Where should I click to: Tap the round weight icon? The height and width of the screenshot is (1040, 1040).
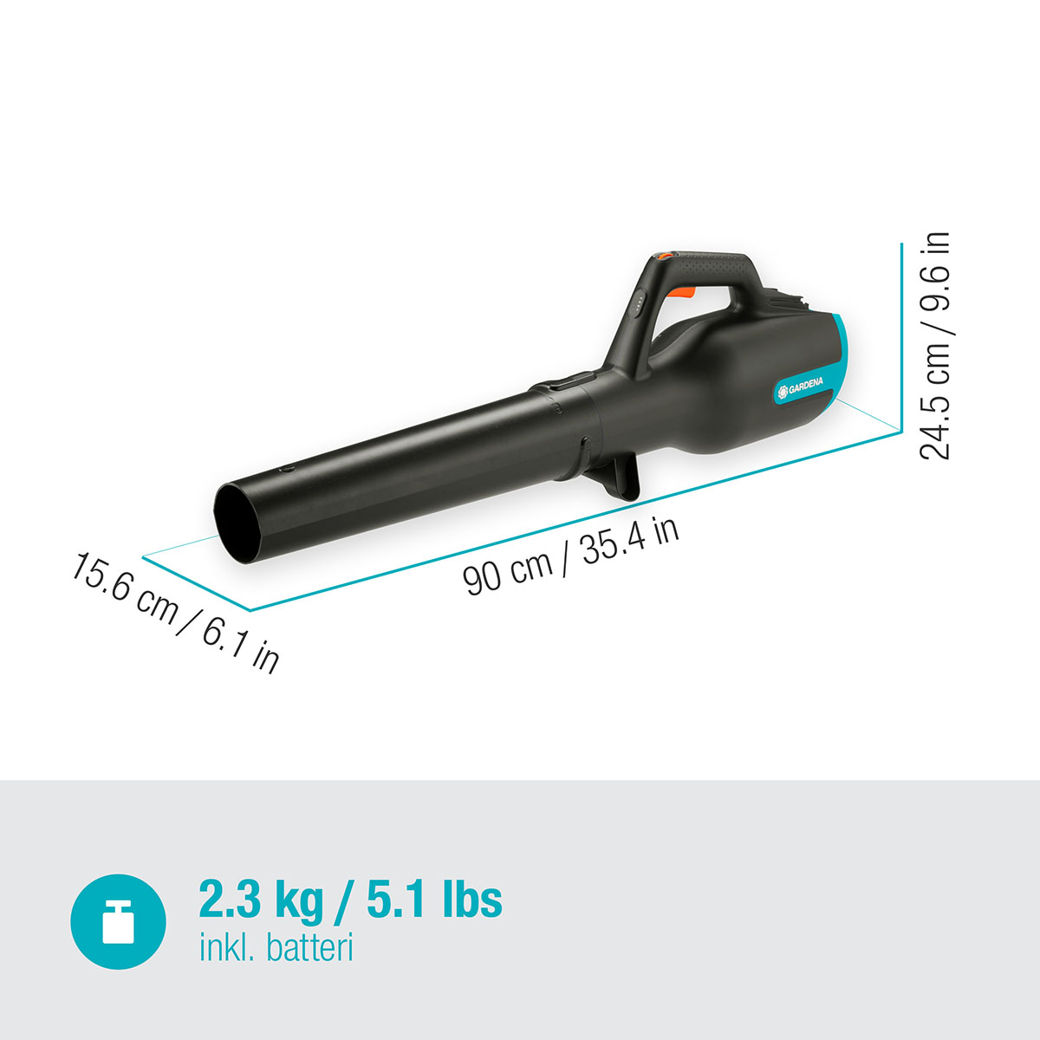[x=118, y=921]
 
